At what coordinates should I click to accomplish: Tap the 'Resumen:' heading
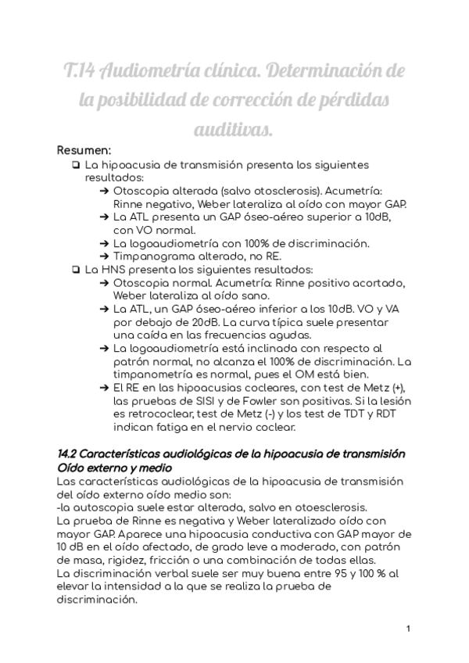pyautogui.click(x=84, y=150)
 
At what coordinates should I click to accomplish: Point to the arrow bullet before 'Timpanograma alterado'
pyautogui.click(x=105, y=256)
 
